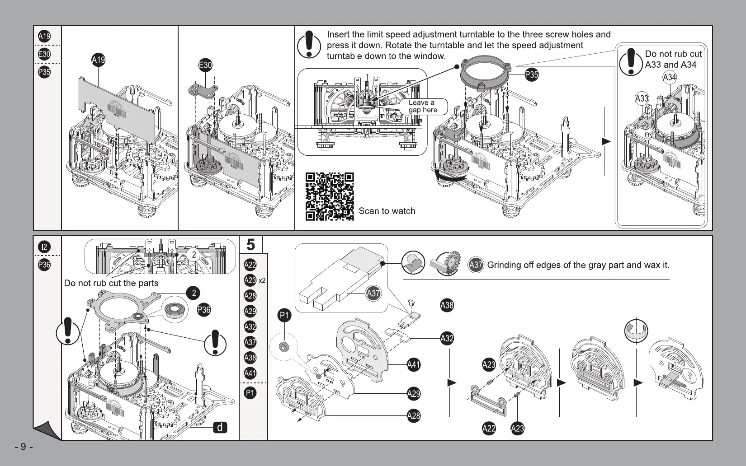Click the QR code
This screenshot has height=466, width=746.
click(x=330, y=196)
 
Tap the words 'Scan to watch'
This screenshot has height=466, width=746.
click(x=387, y=211)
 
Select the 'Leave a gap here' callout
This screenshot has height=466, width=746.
click(x=423, y=106)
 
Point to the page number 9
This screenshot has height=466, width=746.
click(x=24, y=447)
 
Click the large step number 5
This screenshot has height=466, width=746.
click(x=250, y=245)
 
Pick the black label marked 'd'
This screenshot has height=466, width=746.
click(x=220, y=427)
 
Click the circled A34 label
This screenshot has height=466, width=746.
click(x=670, y=77)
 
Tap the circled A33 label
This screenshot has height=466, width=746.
click(x=642, y=98)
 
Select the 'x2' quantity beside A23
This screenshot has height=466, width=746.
click(x=262, y=280)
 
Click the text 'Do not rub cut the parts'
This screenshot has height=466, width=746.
click(x=111, y=283)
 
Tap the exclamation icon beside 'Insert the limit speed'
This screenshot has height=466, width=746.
click(x=309, y=44)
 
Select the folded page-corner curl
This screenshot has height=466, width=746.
click(x=46, y=430)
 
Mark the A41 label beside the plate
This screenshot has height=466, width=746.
click(x=413, y=364)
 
